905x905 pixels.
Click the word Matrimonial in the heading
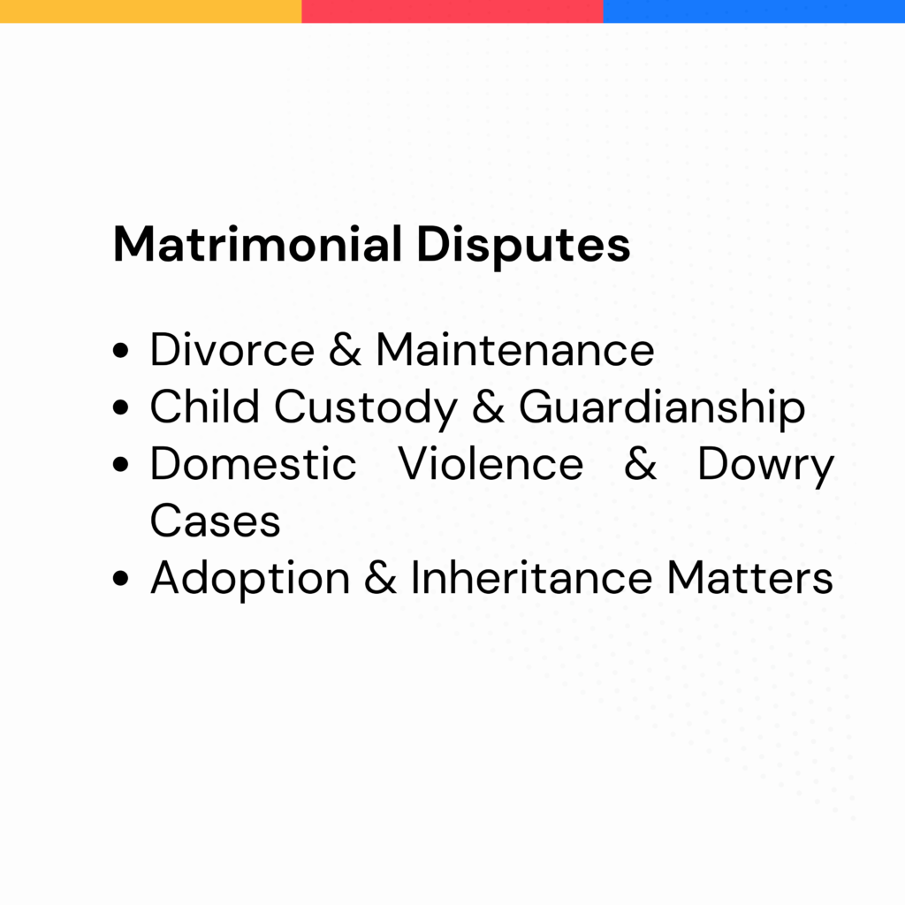pos(257,244)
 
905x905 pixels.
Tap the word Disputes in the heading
pos(523,247)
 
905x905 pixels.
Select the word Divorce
pos(232,350)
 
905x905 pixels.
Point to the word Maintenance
pos(515,350)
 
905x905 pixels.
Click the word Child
pos(205,407)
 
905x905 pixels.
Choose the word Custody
pos(366,408)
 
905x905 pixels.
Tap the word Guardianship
pos(662,408)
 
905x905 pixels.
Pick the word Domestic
pos(254,463)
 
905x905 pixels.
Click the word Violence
pos(491,463)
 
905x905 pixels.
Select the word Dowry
pos(766,467)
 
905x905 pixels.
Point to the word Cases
pos(216,521)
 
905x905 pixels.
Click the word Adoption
pos(250,580)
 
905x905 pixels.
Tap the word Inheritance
pos(531,576)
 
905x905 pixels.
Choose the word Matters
pos(750,577)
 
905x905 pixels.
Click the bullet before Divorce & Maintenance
pos(120,350)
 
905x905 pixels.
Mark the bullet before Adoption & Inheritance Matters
pos(120,578)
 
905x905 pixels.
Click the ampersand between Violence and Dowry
pos(641,463)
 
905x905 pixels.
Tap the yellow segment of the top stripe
pos(150,11)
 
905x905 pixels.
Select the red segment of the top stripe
pos(452,11)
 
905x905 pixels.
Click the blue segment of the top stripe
pos(755,11)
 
